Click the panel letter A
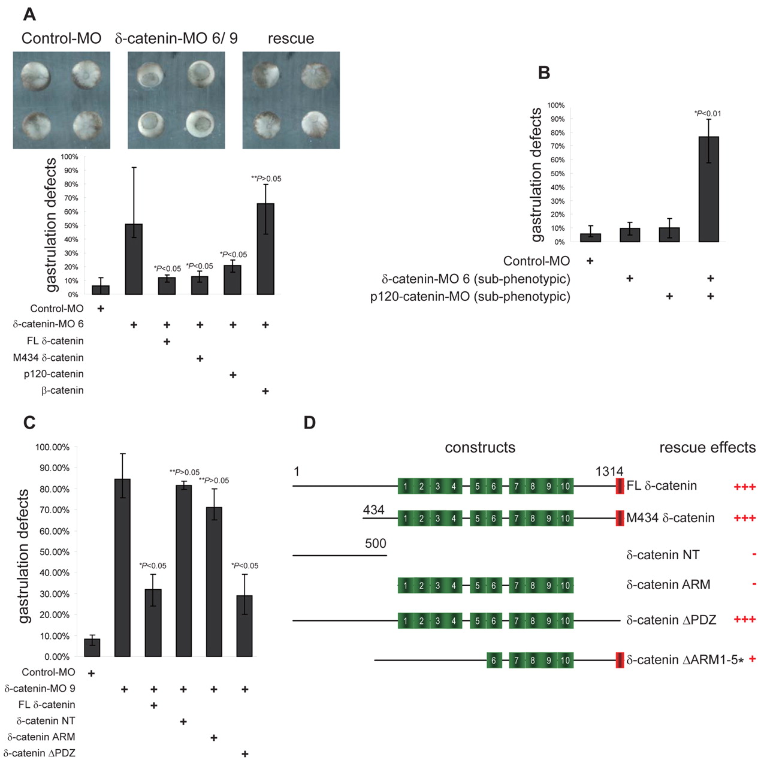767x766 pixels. pos(29,14)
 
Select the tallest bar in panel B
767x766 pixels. pos(709,189)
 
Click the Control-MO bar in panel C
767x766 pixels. pos(92,647)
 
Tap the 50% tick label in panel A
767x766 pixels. pos(71,226)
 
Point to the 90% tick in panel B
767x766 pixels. pos(557,119)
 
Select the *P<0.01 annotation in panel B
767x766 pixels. pos(708,113)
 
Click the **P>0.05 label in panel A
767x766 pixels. pos(266,179)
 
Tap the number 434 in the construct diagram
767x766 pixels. pos(373,510)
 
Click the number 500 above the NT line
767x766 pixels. pos(376,544)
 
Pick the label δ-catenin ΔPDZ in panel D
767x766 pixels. pos(671,620)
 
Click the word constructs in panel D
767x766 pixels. pos(480,448)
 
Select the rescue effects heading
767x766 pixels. pos(707,448)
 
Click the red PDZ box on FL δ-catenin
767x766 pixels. pos(620,486)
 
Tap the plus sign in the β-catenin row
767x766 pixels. pos(265,391)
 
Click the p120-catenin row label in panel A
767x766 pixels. pos(54,374)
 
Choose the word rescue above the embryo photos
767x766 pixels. pos(291,38)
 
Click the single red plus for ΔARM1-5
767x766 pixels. pos(753,659)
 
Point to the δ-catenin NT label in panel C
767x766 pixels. pos(46,721)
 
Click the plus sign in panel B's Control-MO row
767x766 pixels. pos(590,261)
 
